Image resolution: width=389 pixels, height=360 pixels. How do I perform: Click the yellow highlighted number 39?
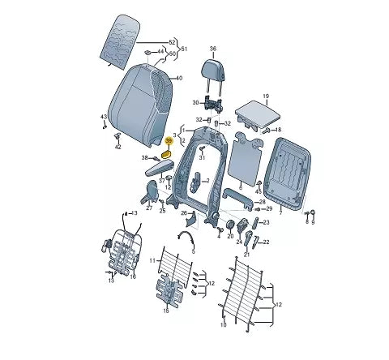[x=169, y=141]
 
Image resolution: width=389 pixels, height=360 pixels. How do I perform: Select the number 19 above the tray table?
[x=264, y=96]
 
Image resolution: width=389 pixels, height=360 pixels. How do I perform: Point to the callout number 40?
[x=179, y=78]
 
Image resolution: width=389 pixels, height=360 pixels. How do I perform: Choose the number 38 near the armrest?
[x=146, y=157]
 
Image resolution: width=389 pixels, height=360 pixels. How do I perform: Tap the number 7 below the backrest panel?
[x=281, y=208]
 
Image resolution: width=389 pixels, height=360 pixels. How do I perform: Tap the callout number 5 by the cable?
[x=194, y=251]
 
